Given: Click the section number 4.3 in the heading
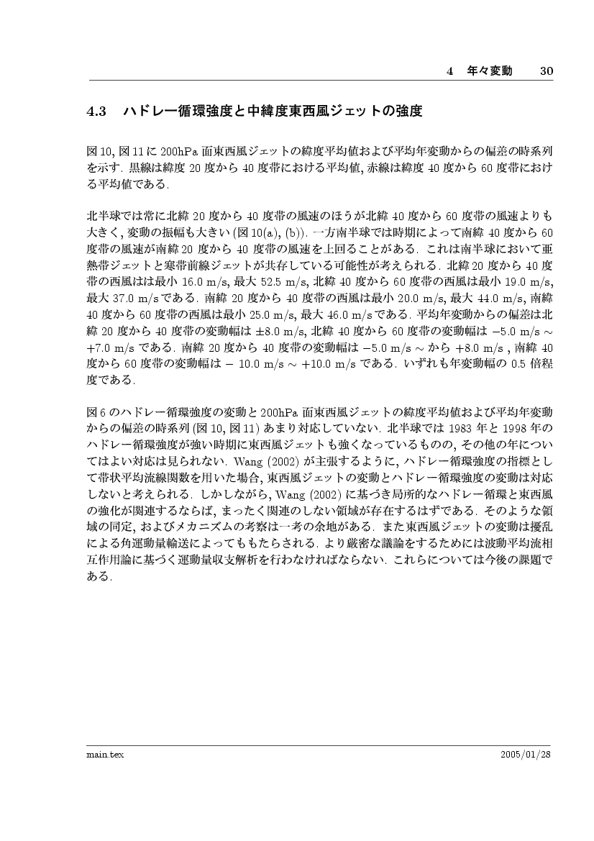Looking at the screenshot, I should click(96, 112).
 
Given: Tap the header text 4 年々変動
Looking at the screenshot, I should click(480, 71).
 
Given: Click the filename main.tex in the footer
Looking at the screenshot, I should click(101, 754).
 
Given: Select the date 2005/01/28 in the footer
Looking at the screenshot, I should click(526, 754).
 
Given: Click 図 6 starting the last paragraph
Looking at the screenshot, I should click(96, 412).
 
